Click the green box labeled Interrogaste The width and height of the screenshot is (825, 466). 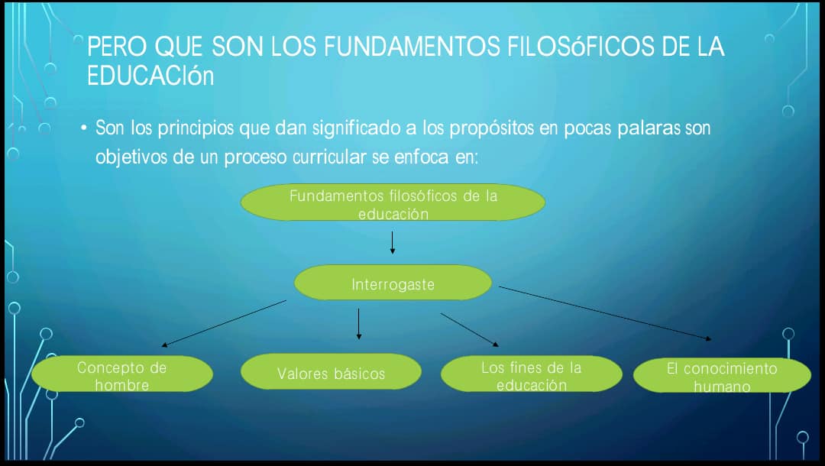point(393,283)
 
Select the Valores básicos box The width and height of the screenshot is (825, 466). point(331,371)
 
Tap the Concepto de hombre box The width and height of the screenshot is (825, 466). point(122,374)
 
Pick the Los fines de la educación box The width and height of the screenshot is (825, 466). point(532,374)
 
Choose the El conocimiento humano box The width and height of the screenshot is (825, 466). point(722,376)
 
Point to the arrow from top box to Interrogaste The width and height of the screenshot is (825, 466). point(392,243)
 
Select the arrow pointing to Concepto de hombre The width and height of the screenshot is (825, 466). point(224,323)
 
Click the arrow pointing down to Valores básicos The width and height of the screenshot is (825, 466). point(359,324)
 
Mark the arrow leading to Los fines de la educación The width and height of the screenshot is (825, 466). point(470,330)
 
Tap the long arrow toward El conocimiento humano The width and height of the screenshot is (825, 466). point(605,313)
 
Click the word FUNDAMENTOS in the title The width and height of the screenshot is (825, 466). point(412,47)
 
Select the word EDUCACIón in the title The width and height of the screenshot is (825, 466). point(150,76)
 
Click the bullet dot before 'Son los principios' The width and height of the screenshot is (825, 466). point(84,128)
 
